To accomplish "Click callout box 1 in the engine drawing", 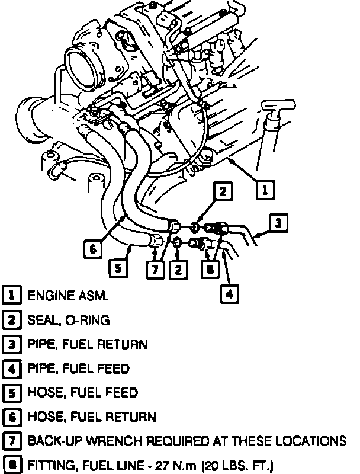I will point(265,190).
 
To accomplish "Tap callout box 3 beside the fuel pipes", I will point(279,223).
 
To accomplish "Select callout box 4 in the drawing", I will point(230,293).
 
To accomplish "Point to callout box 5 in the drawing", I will point(118,268).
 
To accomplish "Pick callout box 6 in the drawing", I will point(93,249).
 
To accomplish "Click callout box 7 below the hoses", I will point(155,268).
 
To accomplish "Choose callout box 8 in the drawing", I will point(211,268).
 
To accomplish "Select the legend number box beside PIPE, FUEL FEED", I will point(11,369).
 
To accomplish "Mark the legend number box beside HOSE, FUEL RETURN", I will point(11,417).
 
